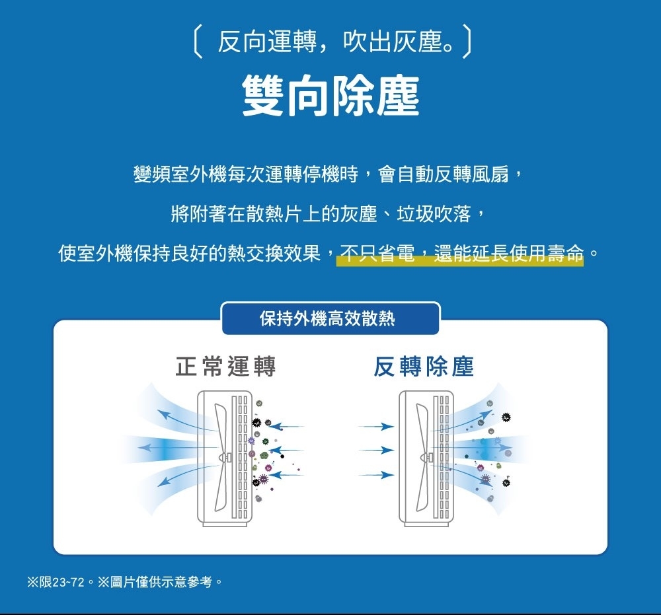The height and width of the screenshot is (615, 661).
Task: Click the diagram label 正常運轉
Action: click(225, 367)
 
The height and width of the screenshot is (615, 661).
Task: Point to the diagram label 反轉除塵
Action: click(423, 367)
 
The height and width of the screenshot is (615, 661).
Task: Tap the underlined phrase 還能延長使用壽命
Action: click(509, 254)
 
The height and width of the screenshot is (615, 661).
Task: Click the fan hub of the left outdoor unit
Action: click(225, 456)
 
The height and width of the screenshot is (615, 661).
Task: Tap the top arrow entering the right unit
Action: click(376, 427)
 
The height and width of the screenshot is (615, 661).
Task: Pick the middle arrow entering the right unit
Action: click(376, 451)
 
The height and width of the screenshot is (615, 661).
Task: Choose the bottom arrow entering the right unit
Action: click(376, 474)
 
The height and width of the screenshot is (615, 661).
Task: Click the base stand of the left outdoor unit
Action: click(225, 522)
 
